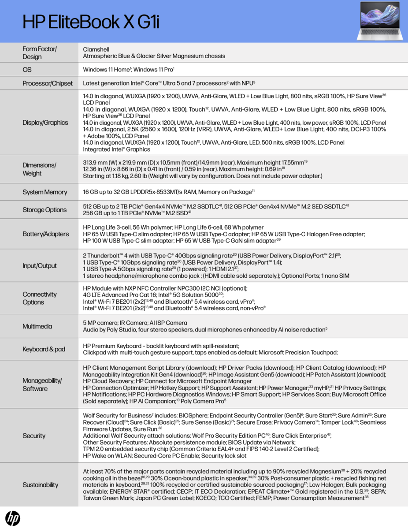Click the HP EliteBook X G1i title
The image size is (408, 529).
[91, 22]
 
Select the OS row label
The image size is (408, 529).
[27, 70]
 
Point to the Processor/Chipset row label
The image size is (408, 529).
[48, 83]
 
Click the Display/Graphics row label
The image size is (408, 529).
[45, 123]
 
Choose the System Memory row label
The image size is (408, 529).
[45, 192]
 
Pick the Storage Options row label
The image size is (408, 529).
[45, 210]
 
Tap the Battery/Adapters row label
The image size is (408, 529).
[46, 234]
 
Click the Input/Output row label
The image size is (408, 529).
[40, 266]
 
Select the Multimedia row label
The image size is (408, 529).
[37, 326]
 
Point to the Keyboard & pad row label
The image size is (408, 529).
[44, 349]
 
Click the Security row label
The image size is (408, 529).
[34, 436]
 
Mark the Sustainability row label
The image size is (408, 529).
[41, 485]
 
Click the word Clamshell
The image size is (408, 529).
[96, 49]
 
